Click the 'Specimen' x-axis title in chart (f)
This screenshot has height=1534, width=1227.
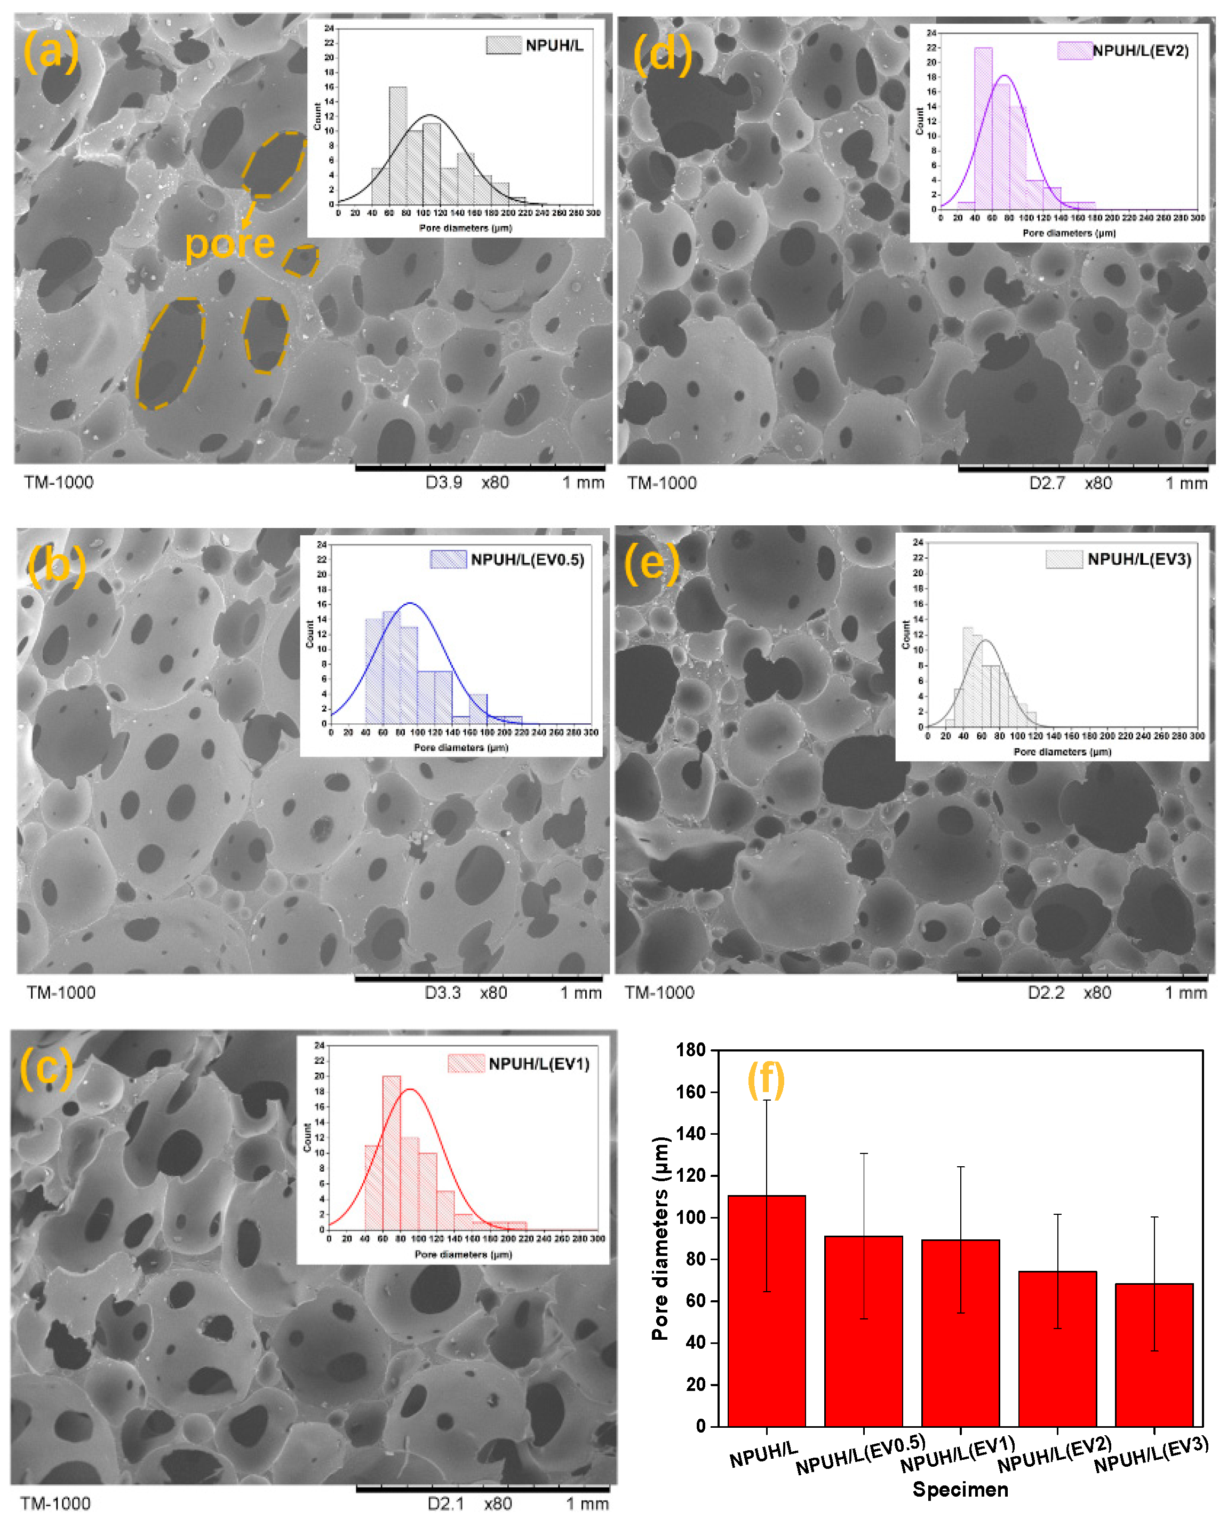tap(960, 1489)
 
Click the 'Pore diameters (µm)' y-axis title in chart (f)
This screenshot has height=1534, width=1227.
tap(660, 1238)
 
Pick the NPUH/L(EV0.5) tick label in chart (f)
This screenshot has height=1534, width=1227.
tap(861, 1455)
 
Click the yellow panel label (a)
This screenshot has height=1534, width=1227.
tap(51, 51)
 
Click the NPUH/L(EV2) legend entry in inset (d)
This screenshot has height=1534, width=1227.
tap(1124, 51)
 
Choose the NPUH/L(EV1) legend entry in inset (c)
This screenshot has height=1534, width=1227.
tap(519, 1064)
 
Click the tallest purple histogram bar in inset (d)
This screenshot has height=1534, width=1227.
tap(983, 128)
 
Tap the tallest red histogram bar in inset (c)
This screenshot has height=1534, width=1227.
tap(391, 1152)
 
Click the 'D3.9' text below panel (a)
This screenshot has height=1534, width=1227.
tap(443, 483)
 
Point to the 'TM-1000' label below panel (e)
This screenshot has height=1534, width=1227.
tap(659, 993)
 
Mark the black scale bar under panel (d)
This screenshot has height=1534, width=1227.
tap(1082, 469)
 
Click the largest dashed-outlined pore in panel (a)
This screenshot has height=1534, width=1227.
tap(171, 354)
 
